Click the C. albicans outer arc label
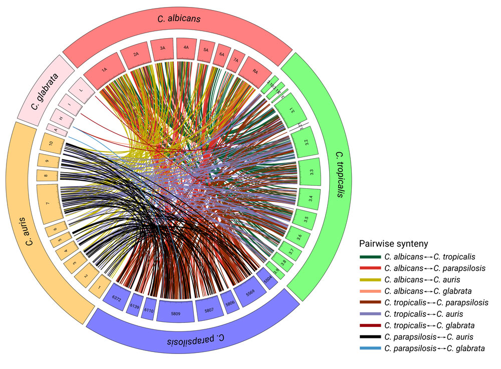coord(179,20)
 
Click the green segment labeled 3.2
coord(306,142)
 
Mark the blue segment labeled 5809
coord(175,311)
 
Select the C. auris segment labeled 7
coord(48,204)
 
